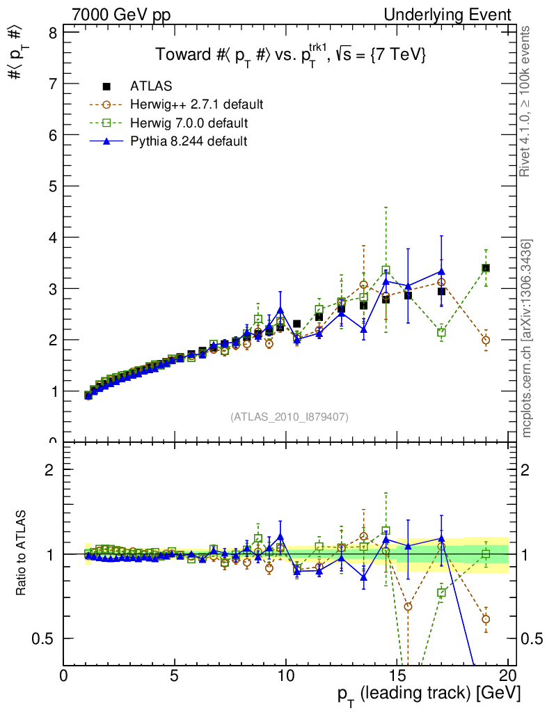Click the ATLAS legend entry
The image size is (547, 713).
point(151,86)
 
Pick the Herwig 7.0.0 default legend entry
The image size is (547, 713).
point(189,123)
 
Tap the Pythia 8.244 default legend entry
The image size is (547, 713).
point(188,142)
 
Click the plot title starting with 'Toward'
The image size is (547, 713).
point(290,56)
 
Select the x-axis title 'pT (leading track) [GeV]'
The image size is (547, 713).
point(429,694)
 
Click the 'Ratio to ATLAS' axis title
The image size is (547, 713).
point(22,554)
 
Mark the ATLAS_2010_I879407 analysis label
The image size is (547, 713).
point(290,417)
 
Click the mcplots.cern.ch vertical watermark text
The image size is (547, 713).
point(528,338)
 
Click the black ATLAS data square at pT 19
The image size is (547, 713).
point(486,268)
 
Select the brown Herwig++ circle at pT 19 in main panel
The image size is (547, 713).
point(486,340)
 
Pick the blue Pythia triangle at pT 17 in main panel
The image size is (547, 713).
point(441,272)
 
